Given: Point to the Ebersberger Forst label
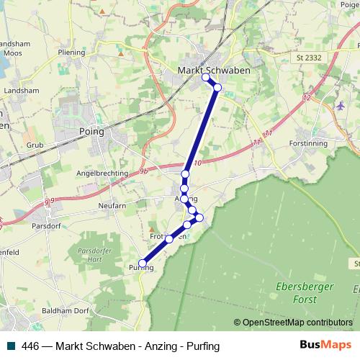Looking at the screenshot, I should [297, 292].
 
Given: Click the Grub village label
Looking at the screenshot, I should [36, 145].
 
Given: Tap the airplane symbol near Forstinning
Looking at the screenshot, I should [340, 107].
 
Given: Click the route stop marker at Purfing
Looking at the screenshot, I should [143, 263].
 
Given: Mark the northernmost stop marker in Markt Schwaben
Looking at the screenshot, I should [206, 77].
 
